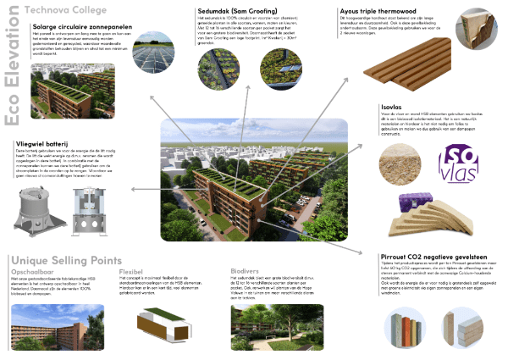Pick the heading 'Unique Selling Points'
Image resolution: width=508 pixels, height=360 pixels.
click(65, 259)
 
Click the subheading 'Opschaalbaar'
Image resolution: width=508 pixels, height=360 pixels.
click(31, 272)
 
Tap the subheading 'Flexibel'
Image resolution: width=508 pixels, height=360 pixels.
click(133, 272)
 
